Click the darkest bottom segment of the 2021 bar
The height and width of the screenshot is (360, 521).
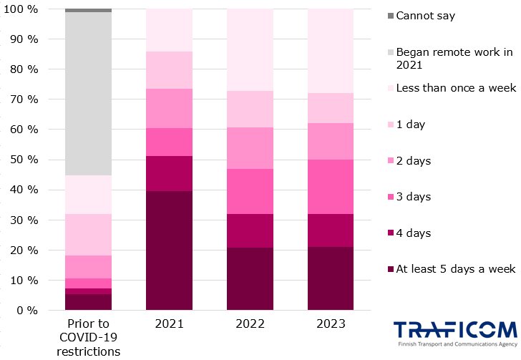(x=169, y=250)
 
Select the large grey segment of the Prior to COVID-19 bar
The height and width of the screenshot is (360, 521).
(x=87, y=94)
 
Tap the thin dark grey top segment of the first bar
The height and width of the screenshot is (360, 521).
(x=87, y=11)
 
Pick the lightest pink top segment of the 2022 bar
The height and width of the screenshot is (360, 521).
(x=250, y=50)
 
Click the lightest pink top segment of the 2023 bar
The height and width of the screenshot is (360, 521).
(x=331, y=51)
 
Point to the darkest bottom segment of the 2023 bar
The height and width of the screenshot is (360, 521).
(x=331, y=278)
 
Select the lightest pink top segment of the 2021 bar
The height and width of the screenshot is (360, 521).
(x=169, y=30)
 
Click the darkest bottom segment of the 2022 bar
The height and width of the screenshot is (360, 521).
(x=250, y=278)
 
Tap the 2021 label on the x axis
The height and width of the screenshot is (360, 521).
(x=169, y=324)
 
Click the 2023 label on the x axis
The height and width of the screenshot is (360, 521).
(x=331, y=324)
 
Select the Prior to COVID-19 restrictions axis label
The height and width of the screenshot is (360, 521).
(x=87, y=337)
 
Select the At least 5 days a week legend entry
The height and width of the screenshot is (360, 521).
(x=455, y=269)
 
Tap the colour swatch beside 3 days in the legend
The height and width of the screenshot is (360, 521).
(x=390, y=197)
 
